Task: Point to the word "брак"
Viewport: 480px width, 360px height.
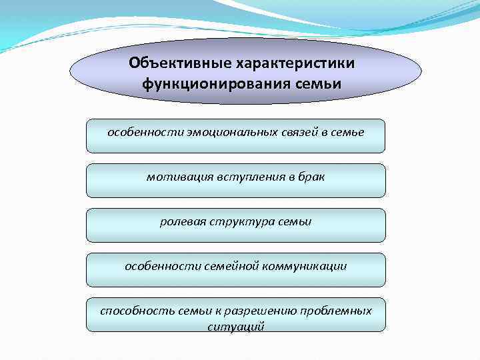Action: [x=310, y=177]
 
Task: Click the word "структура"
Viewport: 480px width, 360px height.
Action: [x=238, y=221]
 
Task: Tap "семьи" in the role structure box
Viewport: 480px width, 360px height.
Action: [x=293, y=221]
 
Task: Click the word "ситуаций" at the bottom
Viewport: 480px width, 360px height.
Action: [x=236, y=327]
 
